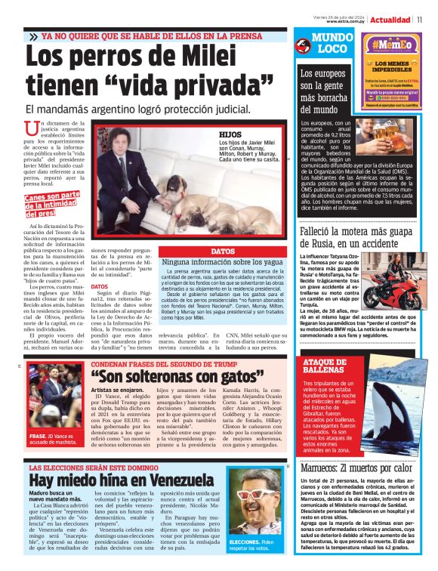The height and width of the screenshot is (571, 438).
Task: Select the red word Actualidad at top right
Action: coord(390,20)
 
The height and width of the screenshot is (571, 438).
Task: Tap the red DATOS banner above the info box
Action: coord(223,251)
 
